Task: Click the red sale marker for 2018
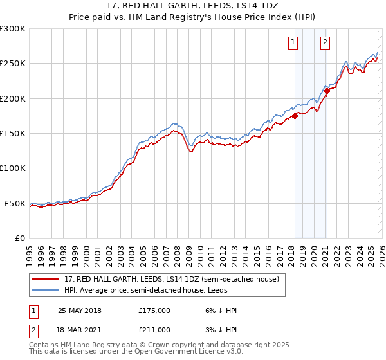click(295, 116)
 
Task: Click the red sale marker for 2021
click(327, 91)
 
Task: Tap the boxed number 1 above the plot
click(293, 43)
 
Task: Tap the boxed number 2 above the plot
click(325, 43)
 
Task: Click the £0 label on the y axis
click(20, 238)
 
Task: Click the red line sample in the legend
click(46, 279)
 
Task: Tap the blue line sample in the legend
click(46, 290)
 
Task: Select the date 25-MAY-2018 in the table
click(79, 310)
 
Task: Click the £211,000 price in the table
click(154, 330)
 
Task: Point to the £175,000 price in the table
click(154, 310)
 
